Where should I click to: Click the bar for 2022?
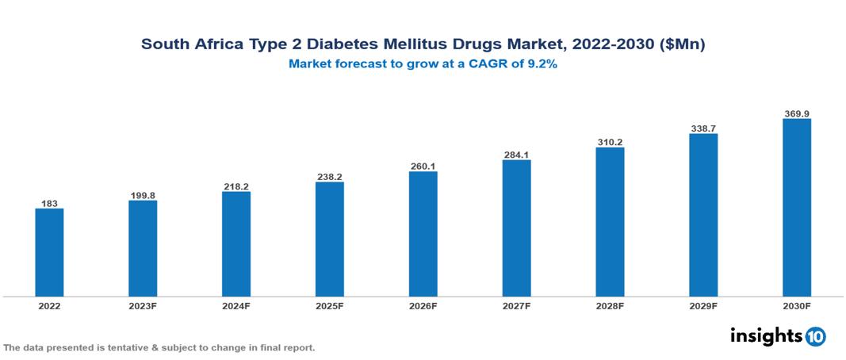[x=49, y=252]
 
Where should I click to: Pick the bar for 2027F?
[x=516, y=228]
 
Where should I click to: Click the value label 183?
[x=49, y=204]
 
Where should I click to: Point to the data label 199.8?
[x=143, y=195]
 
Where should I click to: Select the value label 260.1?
[x=423, y=167]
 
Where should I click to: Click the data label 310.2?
[x=610, y=143]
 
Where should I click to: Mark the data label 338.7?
[x=703, y=128]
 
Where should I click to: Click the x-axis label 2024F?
[x=236, y=305]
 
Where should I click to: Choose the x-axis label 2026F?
[x=423, y=305]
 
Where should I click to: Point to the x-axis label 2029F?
[x=703, y=305]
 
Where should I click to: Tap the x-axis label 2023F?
[x=143, y=305]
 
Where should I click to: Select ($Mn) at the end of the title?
[x=683, y=44]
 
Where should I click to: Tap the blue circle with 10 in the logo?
[x=815, y=336]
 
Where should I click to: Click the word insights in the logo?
[x=765, y=335]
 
